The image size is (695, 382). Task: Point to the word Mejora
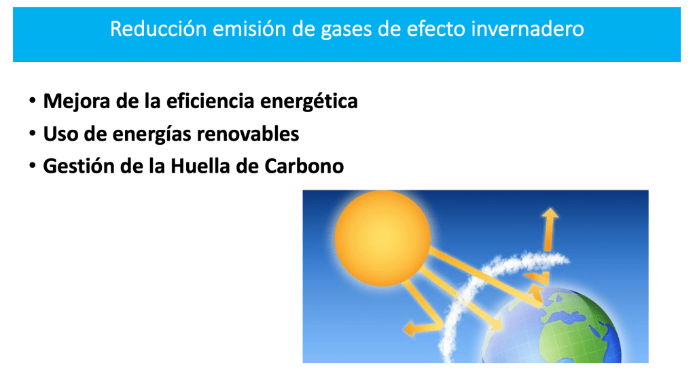point(76,101)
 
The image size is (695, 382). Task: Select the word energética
point(309,101)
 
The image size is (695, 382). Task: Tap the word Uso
point(60,134)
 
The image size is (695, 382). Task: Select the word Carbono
point(304,167)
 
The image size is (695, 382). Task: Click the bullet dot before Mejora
point(33,101)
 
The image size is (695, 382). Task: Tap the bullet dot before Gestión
point(33,165)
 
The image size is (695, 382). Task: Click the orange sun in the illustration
point(382,239)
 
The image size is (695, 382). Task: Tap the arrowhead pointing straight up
point(550,214)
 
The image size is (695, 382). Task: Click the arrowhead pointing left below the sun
point(410,329)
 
